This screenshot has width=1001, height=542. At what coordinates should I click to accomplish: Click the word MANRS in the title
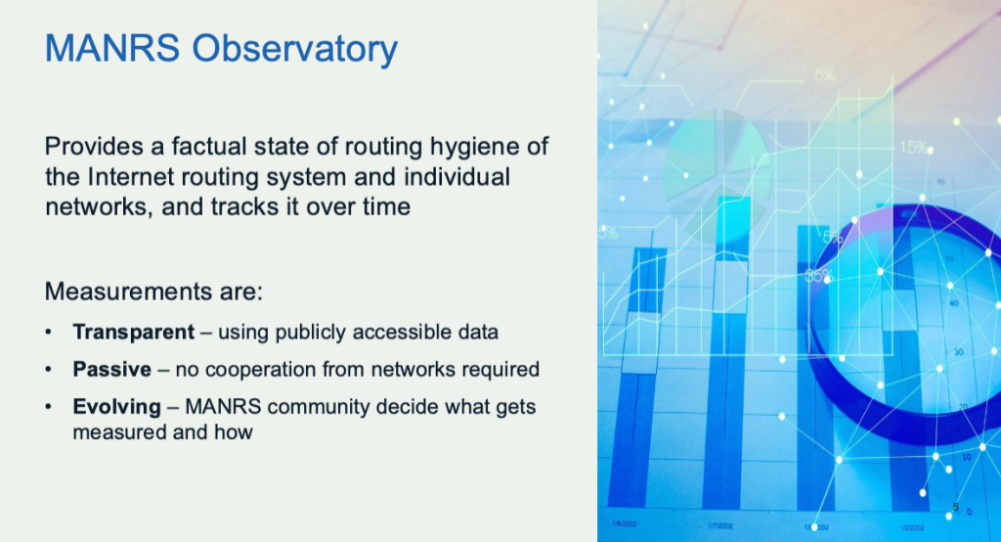(x=112, y=49)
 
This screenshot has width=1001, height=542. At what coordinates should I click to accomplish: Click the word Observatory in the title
(x=295, y=50)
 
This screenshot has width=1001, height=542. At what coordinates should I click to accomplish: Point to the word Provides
(x=94, y=147)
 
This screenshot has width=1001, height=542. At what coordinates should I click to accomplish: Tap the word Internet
(x=131, y=177)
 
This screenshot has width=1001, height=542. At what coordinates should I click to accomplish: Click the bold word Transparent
(x=133, y=333)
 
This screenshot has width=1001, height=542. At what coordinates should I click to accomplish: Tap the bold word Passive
(x=111, y=370)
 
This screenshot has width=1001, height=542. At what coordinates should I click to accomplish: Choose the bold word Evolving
(x=117, y=407)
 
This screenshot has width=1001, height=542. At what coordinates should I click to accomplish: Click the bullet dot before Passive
(x=49, y=370)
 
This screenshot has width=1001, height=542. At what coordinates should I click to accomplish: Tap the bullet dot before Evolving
(x=49, y=407)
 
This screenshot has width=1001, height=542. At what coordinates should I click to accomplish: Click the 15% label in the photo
(x=913, y=148)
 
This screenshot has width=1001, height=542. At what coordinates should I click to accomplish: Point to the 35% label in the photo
(x=818, y=276)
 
